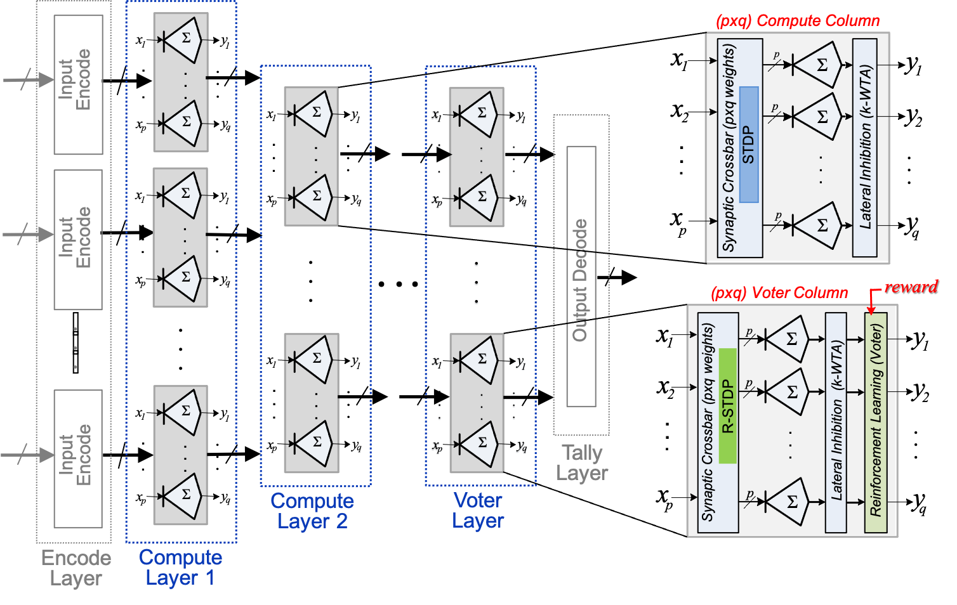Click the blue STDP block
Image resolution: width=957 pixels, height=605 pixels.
pyautogui.click(x=749, y=145)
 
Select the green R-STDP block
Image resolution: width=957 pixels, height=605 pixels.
pyautogui.click(x=727, y=406)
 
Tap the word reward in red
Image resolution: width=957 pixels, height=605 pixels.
pyautogui.click(x=911, y=287)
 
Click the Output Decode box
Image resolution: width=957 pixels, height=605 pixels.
pyautogui.click(x=581, y=277)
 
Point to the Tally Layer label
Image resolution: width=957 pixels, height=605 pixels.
pyautogui.click(x=582, y=463)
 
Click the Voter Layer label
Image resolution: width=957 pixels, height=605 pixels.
pyautogui.click(x=478, y=511)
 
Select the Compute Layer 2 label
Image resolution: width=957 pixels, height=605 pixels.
pyautogui.click(x=312, y=511)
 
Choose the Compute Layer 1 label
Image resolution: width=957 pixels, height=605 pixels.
pyautogui.click(x=181, y=568)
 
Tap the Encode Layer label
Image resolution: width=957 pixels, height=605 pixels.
pyautogui.click(x=76, y=568)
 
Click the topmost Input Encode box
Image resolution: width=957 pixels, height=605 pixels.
pyautogui.click(x=78, y=85)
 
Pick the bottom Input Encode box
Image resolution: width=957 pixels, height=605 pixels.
pyautogui.click(x=78, y=459)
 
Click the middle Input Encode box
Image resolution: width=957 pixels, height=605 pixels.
pyautogui.click(x=78, y=240)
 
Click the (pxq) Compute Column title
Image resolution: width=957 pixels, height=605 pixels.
pyautogui.click(x=798, y=21)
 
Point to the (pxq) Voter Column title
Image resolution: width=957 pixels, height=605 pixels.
pyautogui.click(x=779, y=293)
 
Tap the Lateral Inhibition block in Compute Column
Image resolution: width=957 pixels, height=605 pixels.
pyautogui.click(x=865, y=147)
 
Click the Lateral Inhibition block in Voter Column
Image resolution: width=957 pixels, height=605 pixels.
pyautogui.click(x=836, y=422)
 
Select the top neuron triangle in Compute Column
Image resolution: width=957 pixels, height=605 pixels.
pyautogui.click(x=818, y=65)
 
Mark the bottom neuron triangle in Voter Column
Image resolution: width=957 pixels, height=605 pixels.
pyautogui.click(x=788, y=502)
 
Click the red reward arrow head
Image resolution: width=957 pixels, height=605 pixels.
pyautogui.click(x=871, y=310)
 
